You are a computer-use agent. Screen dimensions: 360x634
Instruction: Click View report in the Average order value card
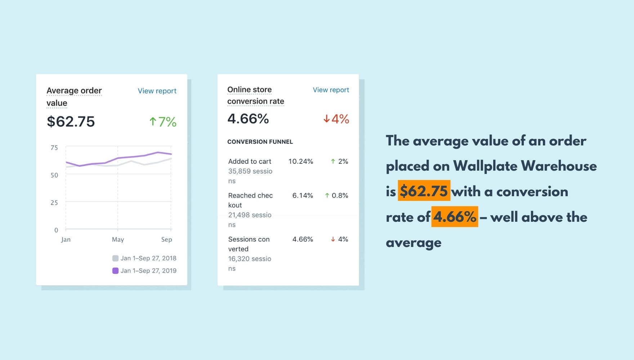tap(157, 91)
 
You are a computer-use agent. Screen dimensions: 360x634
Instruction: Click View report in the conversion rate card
tap(331, 90)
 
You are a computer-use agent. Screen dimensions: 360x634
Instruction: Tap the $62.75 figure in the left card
tap(71, 122)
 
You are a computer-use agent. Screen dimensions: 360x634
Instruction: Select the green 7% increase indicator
tap(163, 122)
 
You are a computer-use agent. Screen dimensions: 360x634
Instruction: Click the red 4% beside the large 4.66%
tap(336, 119)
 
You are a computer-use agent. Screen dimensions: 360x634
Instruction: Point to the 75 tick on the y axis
tap(54, 148)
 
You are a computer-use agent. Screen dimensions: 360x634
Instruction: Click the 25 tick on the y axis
tap(54, 203)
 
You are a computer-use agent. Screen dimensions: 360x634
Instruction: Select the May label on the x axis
tap(118, 239)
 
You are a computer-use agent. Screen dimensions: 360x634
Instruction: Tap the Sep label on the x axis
tap(166, 239)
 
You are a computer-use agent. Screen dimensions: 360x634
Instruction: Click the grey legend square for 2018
tap(115, 258)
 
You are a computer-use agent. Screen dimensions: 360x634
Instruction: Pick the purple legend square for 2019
tap(115, 271)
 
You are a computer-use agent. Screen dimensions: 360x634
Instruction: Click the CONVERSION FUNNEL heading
tap(260, 142)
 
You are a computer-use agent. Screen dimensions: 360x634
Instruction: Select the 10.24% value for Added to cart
tap(300, 161)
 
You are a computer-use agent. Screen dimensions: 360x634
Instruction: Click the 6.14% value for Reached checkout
tap(303, 195)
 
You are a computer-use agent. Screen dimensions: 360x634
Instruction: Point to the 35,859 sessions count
tap(250, 171)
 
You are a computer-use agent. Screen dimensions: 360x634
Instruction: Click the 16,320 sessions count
tap(250, 259)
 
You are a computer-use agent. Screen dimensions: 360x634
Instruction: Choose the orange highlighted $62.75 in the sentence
tap(424, 191)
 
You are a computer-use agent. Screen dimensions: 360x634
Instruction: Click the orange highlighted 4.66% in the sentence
tap(455, 217)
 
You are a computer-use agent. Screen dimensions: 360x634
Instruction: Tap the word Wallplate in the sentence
tap(485, 166)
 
